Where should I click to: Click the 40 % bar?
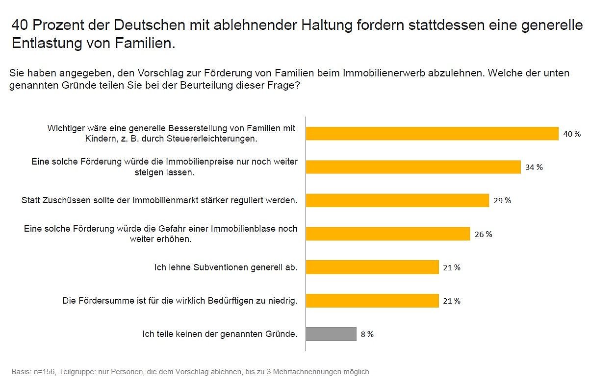pyautogui.click(x=432, y=134)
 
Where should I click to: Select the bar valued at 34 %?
pyautogui.click(x=413, y=167)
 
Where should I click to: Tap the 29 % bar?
pyautogui.click(x=397, y=200)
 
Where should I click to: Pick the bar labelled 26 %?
pyautogui.click(x=388, y=234)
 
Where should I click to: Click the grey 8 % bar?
pyautogui.click(x=331, y=334)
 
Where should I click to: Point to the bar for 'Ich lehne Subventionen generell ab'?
pyautogui.click(x=372, y=267)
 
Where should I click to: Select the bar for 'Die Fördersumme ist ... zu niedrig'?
pyautogui.click(x=372, y=301)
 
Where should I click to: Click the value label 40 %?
pyautogui.click(x=572, y=134)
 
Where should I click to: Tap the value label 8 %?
pyautogui.click(x=367, y=334)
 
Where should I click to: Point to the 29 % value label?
pyautogui.click(x=502, y=200)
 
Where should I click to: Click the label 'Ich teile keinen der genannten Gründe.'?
pyautogui.click(x=220, y=334)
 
